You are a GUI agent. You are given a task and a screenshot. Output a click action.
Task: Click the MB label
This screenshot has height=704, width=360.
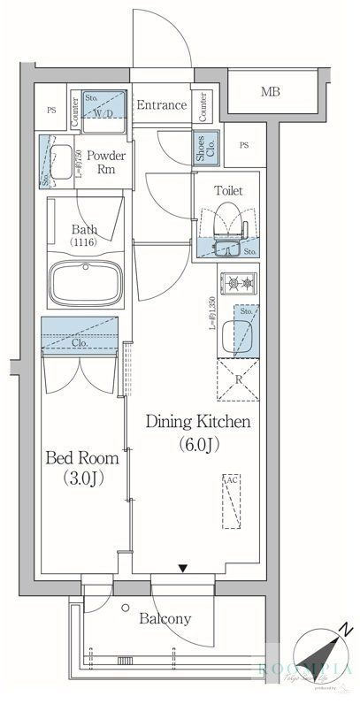[x=272, y=91]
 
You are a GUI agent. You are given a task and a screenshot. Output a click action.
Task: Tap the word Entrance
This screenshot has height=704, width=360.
[x=161, y=105]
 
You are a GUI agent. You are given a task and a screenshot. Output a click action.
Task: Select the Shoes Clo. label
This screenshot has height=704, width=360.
[x=204, y=147]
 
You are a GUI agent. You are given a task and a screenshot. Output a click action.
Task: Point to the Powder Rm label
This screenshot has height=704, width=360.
[x=106, y=163]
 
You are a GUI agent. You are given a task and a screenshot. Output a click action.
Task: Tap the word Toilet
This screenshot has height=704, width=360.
[x=228, y=190]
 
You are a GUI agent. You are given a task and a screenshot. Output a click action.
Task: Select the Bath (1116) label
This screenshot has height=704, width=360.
[x=84, y=237]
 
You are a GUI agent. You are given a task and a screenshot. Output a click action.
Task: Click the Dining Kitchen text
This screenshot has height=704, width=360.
[x=198, y=422]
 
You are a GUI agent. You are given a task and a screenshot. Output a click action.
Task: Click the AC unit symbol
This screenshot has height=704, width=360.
[x=231, y=501]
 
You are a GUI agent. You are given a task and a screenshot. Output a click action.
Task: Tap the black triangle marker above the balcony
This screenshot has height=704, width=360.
[x=183, y=570]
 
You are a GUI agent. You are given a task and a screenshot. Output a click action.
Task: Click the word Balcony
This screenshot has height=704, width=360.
[x=165, y=619]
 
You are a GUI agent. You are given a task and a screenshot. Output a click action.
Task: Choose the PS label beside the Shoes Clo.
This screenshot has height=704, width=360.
[x=243, y=145]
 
